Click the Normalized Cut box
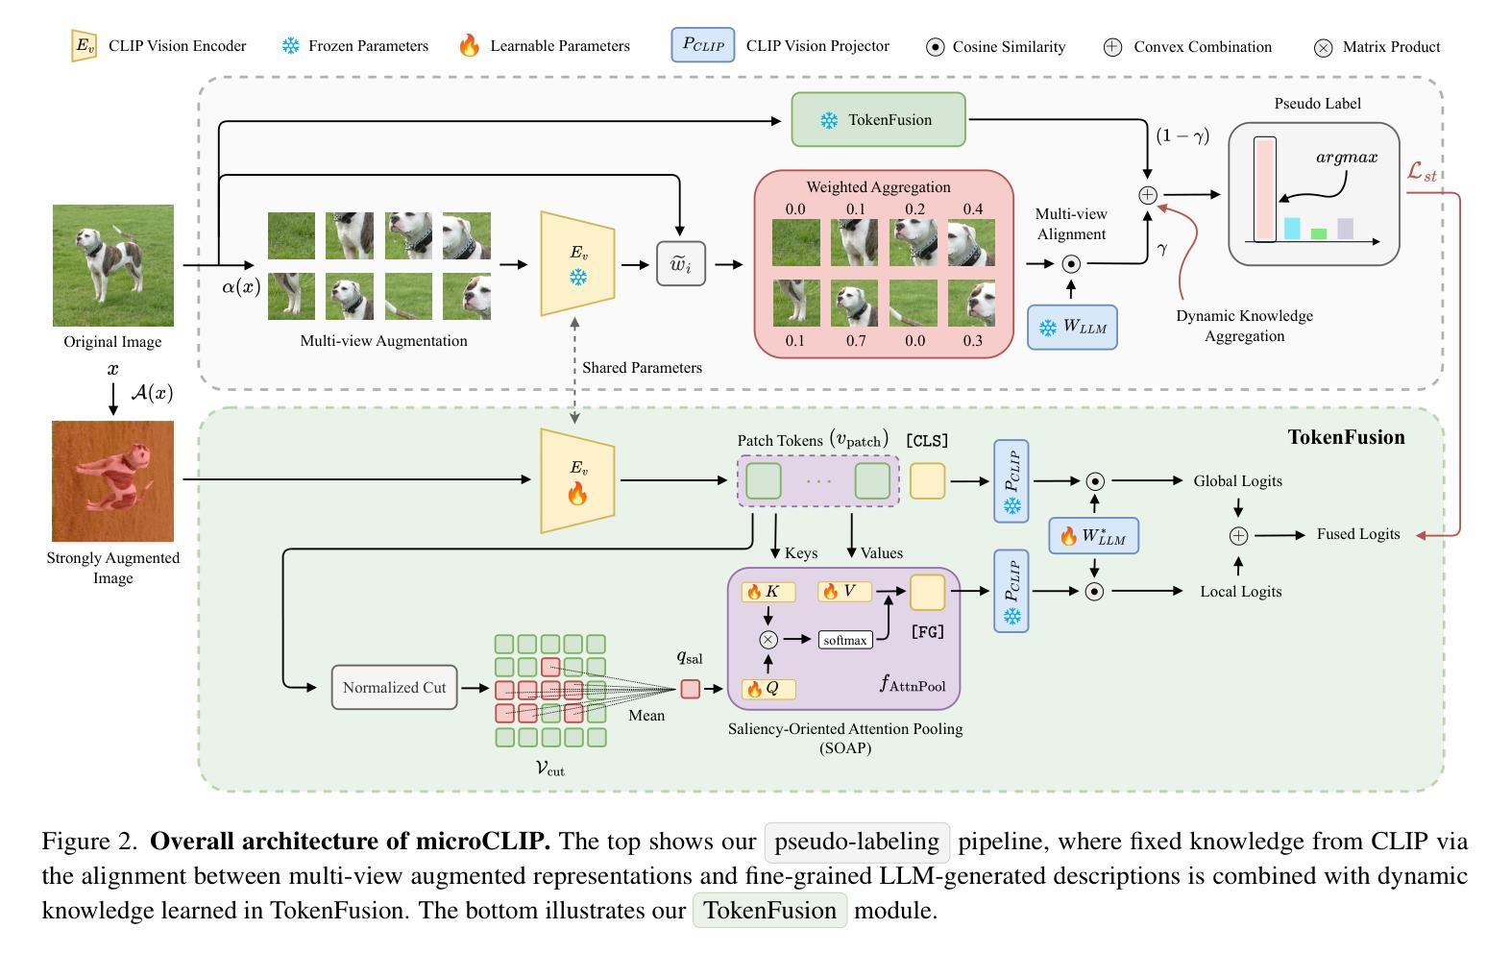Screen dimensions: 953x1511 394,687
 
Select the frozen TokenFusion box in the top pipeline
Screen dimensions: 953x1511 878,120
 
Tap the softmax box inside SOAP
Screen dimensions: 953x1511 845,640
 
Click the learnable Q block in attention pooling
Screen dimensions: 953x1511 768,689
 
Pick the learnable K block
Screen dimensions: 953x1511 768,592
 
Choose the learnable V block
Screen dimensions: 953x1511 843,592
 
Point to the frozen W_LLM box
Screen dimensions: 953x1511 1072,327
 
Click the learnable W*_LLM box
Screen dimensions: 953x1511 1094,535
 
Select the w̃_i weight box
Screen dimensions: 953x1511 681,264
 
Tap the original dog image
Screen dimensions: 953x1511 113,265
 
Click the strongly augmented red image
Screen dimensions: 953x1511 113,480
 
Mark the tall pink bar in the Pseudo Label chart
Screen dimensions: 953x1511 1265,189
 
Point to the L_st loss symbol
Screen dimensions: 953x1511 1422,172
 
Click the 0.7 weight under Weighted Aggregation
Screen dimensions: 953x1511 856,341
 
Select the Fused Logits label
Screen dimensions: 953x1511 1357,534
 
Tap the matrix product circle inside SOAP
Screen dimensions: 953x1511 768,640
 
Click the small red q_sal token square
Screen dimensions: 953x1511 690,689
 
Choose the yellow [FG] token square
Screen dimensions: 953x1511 927,592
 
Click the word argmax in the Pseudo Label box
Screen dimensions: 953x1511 1347,158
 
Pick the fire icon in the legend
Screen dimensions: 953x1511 469,45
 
